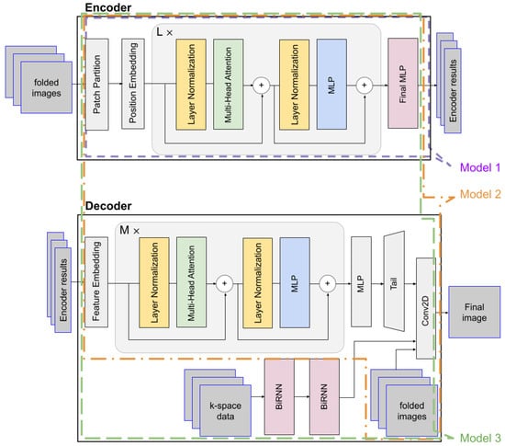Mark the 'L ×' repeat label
point(167,30)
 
